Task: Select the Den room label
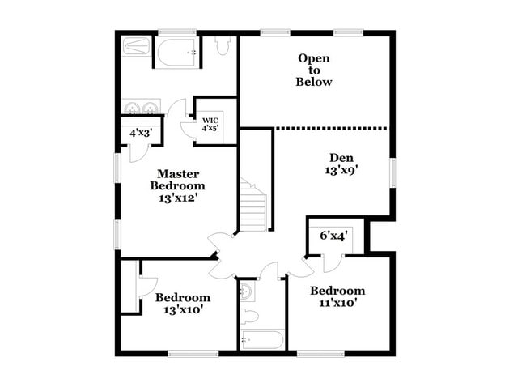(x=341, y=157)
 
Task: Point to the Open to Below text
(x=314, y=70)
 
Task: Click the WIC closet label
(x=210, y=121)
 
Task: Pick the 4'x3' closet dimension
(x=135, y=133)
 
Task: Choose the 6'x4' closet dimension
(x=333, y=236)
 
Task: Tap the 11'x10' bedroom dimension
(x=337, y=304)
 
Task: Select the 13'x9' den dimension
(x=341, y=171)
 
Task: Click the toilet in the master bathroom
(x=223, y=46)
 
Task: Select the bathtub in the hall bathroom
(x=261, y=340)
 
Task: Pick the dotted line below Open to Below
(x=332, y=127)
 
